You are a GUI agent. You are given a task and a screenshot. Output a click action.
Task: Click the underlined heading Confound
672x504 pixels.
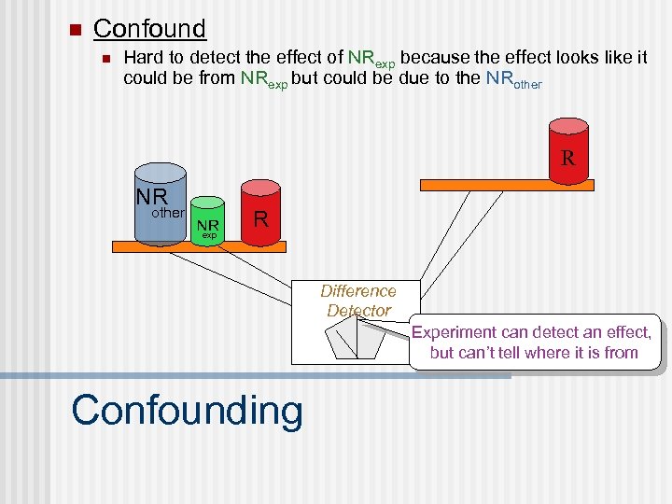pos(149,29)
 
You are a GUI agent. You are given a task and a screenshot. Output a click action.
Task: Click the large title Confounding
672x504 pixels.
pos(187,410)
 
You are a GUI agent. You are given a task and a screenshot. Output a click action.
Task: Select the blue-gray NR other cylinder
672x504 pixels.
pos(161,205)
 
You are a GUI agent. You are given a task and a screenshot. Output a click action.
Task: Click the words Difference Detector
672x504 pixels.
pos(358,301)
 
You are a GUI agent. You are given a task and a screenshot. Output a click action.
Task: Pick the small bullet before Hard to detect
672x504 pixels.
pos(105,59)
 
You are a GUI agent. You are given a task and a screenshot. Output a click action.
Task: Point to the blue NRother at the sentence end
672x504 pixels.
pos(513,80)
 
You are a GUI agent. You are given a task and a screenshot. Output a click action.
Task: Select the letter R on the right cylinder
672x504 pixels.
pos(567,158)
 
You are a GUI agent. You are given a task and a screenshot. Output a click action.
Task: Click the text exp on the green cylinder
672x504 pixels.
pos(209,236)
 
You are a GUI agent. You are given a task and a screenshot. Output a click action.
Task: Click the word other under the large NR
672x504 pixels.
pos(168,213)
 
